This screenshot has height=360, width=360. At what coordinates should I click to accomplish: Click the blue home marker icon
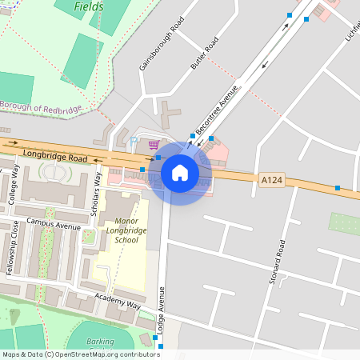pos(180,172)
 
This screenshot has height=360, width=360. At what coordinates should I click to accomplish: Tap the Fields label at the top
pos(89,7)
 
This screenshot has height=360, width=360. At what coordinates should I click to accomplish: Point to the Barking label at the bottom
pos(100,342)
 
